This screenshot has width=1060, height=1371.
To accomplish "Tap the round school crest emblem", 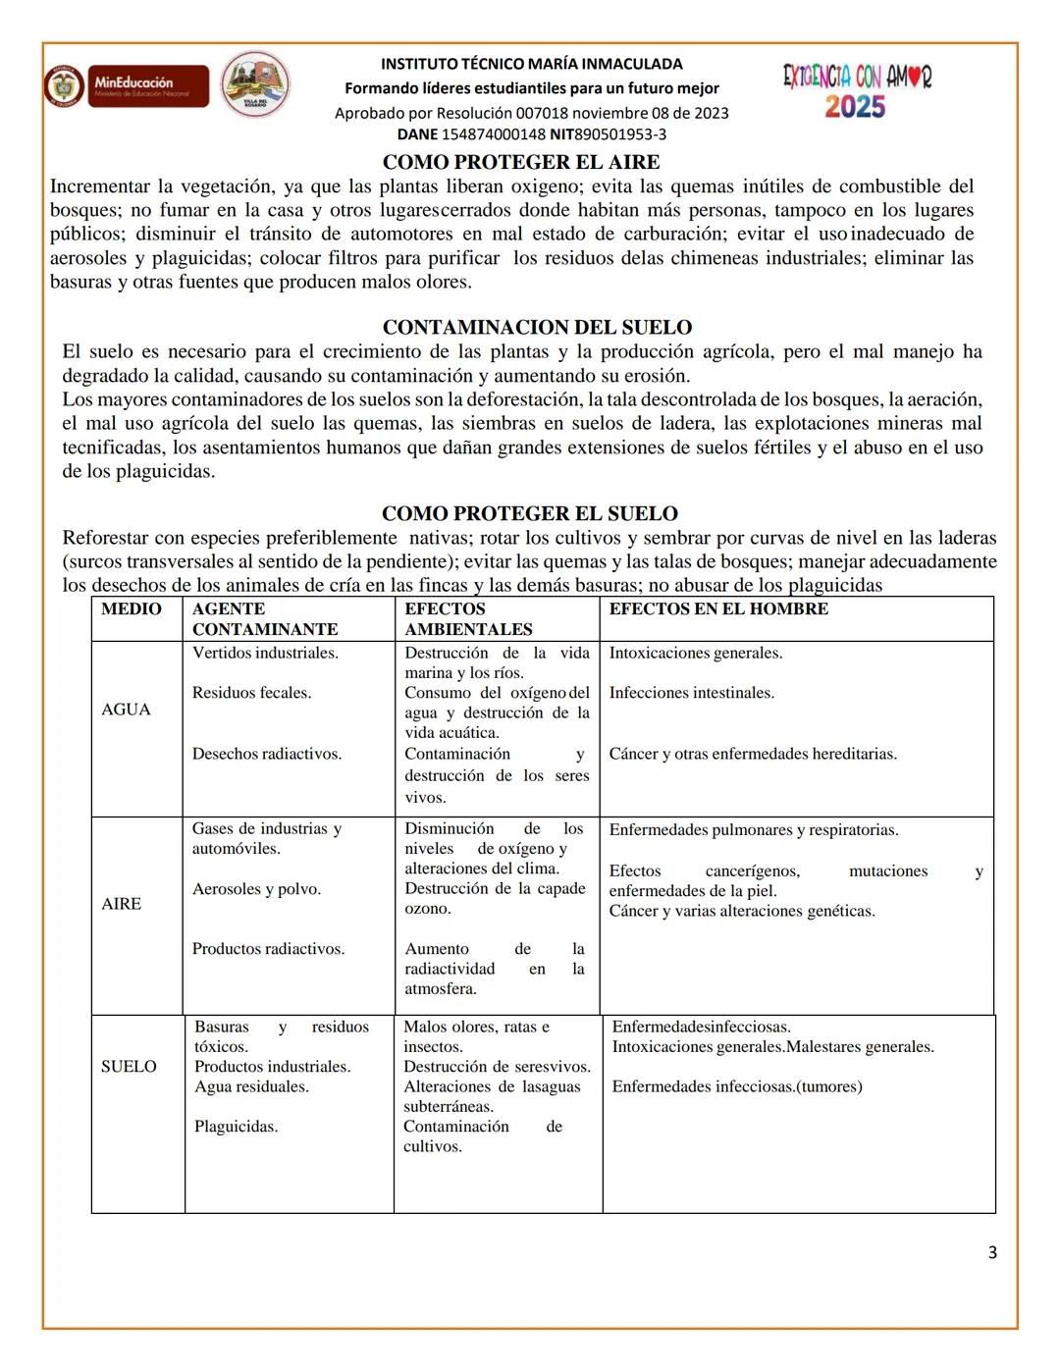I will pyautogui.click(x=255, y=85).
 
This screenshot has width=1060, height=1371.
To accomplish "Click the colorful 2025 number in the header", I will pyautogui.click(x=855, y=107).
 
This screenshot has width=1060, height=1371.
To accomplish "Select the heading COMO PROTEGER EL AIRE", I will pyautogui.click(x=520, y=162).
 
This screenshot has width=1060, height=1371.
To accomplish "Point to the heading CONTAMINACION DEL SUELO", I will pyautogui.click(x=537, y=327).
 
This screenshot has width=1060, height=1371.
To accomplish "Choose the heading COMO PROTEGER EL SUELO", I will pyautogui.click(x=529, y=513).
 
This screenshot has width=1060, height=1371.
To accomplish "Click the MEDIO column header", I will pyautogui.click(x=132, y=608).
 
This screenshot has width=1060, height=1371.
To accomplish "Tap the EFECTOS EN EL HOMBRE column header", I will pyautogui.click(x=718, y=608).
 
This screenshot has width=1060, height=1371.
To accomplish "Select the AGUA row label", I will pyautogui.click(x=126, y=710).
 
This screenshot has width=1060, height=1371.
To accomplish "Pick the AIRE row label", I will pyautogui.click(x=121, y=904).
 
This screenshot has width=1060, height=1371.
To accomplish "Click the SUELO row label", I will pyautogui.click(x=129, y=1067).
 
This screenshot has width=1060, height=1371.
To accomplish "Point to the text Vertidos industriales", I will pyautogui.click(x=265, y=653).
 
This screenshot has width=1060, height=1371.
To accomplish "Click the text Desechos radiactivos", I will pyautogui.click(x=267, y=754).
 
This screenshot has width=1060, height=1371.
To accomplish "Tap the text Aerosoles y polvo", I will pyautogui.click(x=256, y=889).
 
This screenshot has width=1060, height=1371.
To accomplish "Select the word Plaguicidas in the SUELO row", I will pyautogui.click(x=236, y=1127).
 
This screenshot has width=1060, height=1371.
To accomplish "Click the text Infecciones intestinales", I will pyautogui.click(x=691, y=693).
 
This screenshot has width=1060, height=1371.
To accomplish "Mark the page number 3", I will pyautogui.click(x=992, y=1252).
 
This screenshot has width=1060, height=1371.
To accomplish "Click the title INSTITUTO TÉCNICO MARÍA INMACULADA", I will pyautogui.click(x=531, y=64).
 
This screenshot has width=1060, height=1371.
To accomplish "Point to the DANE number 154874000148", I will pyautogui.click(x=493, y=134).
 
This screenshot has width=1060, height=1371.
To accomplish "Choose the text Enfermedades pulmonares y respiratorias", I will pyautogui.click(x=753, y=830).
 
